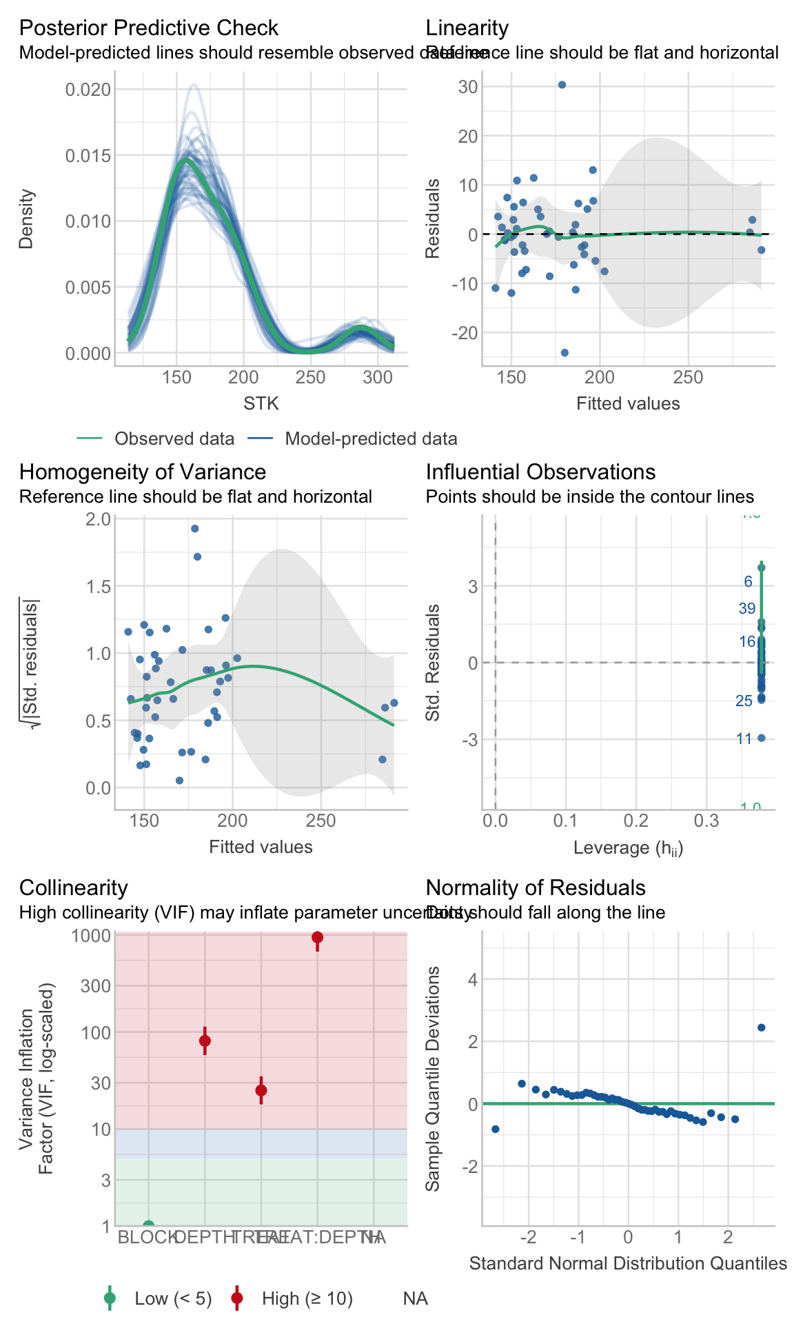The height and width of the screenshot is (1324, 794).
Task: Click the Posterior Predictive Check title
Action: [x=148, y=28]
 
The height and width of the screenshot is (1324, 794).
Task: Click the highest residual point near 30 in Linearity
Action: [x=562, y=85]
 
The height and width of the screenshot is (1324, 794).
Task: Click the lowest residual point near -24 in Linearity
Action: [x=564, y=352]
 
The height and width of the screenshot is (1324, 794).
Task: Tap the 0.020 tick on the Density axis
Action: [x=88, y=90]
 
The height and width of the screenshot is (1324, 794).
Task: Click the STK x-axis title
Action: [x=261, y=403]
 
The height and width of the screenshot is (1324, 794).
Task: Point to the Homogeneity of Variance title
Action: [x=142, y=472]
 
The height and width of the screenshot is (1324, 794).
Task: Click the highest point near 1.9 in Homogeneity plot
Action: [x=194, y=529]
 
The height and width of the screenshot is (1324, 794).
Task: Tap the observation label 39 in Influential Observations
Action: [x=747, y=608]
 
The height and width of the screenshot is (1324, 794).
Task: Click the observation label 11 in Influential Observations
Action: [x=744, y=739]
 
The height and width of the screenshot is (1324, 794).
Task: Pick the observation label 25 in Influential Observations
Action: [x=744, y=701]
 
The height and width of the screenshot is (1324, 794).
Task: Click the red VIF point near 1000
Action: [x=317, y=937]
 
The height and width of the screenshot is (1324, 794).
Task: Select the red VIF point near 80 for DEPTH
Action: [x=205, y=1041]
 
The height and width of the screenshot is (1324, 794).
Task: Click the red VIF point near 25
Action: [x=261, y=1090]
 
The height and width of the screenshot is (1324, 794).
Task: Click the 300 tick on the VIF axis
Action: [x=96, y=985]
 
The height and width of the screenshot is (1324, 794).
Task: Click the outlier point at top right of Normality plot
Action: [x=762, y=1027]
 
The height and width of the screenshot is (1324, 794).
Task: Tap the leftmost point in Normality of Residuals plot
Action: [x=495, y=1129]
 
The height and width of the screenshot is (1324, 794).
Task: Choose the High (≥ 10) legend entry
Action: [x=307, y=1299]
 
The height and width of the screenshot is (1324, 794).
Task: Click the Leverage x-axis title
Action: [x=628, y=847]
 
